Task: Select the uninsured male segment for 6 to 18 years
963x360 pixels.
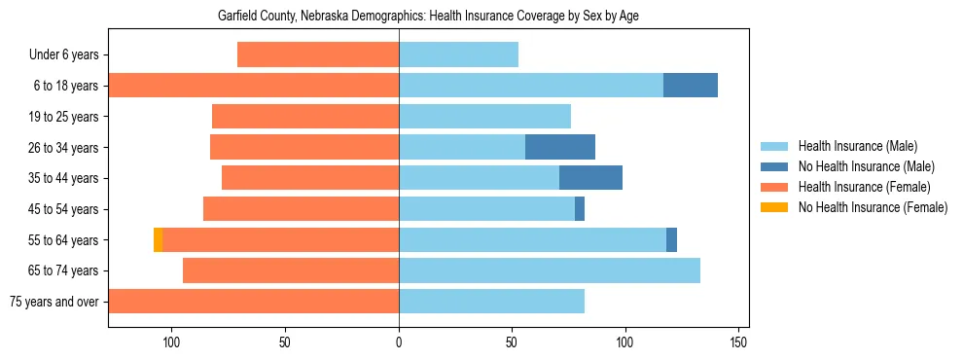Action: pos(691,86)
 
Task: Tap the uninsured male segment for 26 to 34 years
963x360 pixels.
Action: pos(560,147)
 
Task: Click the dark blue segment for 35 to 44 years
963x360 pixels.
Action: pos(590,178)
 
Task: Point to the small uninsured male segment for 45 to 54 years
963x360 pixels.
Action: pos(580,208)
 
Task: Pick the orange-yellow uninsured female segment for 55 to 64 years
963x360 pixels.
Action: pos(158,239)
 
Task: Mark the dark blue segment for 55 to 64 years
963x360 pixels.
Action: pos(671,239)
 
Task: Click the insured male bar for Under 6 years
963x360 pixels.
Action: pos(458,54)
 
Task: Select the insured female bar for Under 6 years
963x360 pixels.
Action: pos(318,54)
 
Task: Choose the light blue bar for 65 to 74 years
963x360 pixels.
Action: pos(550,270)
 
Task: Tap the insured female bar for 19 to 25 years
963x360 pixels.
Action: pos(305,117)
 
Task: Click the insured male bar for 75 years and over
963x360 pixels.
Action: pos(491,301)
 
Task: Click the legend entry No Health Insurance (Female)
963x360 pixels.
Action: pos(873,207)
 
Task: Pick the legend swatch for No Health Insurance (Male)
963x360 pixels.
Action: pos(775,166)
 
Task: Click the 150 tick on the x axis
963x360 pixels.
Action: pos(738,342)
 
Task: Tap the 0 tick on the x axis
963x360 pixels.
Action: pos(399,342)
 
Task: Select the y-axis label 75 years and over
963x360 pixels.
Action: pos(53,302)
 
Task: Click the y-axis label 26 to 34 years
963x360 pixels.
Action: pos(70,148)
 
